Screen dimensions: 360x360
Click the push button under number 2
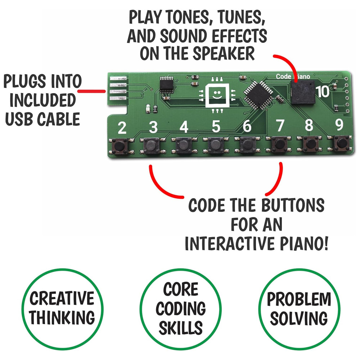[119, 146]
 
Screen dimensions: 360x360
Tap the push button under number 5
[216, 145]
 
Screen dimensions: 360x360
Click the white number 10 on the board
[323, 91]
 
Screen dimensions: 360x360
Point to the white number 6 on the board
[247, 126]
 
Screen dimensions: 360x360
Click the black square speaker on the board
[303, 92]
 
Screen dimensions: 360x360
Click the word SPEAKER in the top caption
[224, 54]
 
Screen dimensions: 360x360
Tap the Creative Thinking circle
[62, 309]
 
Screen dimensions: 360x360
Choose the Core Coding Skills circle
[180, 309]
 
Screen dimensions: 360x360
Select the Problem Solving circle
[299, 309]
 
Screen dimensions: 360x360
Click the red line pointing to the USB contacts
[91, 91]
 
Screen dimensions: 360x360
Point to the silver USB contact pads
[118, 89]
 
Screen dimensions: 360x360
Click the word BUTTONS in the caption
[293, 205]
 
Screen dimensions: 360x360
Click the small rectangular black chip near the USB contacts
[166, 84]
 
